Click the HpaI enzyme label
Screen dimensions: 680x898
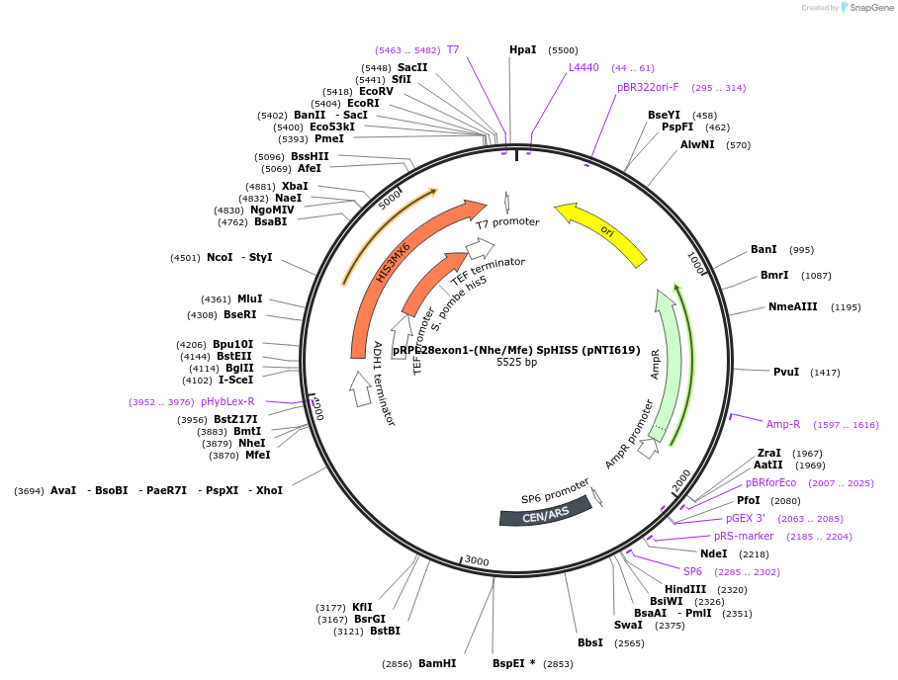point(522,49)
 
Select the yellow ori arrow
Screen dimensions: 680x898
point(603,231)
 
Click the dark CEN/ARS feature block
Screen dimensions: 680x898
point(545,511)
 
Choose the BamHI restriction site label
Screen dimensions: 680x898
point(437,663)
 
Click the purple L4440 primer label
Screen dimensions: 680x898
point(584,67)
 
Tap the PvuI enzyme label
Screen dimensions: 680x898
point(786,372)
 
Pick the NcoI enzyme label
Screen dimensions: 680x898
point(220,257)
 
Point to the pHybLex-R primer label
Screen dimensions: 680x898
point(227,401)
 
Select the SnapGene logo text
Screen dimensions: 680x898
point(871,8)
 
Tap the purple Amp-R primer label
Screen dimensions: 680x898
point(783,424)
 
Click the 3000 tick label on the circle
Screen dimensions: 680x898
point(477,561)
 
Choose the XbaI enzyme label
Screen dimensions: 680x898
point(295,186)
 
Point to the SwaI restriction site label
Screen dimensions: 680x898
point(628,625)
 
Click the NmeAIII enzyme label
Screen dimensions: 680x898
point(793,306)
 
